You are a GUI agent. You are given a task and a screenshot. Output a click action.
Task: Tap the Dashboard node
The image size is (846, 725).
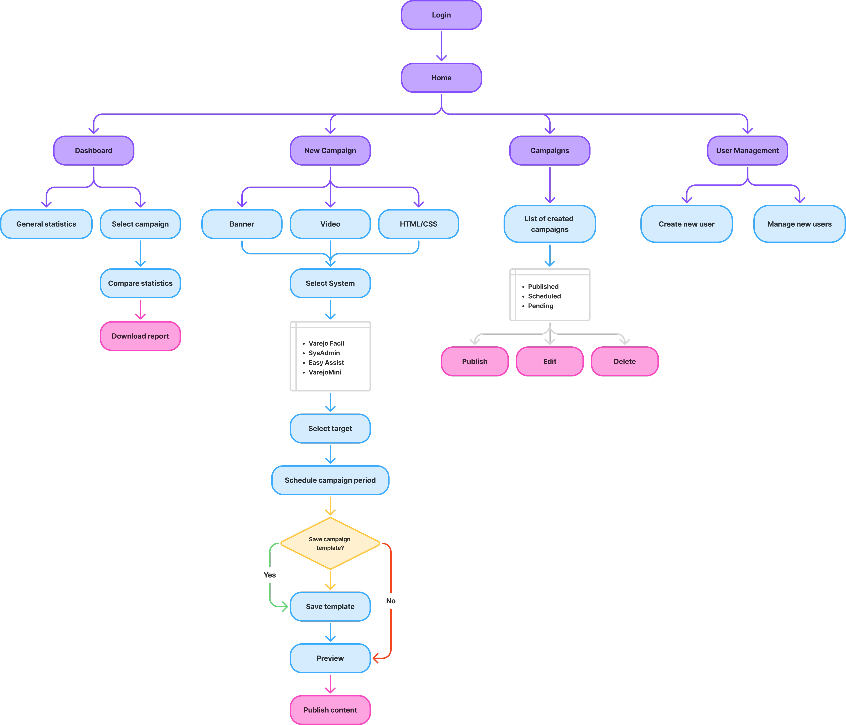(94, 150)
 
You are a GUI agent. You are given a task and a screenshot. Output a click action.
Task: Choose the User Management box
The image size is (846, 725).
(747, 150)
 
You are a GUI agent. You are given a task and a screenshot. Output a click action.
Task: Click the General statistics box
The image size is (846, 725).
(46, 224)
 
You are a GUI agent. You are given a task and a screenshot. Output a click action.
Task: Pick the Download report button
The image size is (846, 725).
(140, 336)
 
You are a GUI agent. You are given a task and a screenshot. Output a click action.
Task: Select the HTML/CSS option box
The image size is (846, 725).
(418, 224)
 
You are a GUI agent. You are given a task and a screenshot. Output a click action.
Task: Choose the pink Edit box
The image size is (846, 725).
(550, 361)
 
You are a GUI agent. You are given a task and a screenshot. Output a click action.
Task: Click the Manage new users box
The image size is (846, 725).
(799, 224)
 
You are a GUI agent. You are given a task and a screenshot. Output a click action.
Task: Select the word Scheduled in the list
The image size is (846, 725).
(544, 296)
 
